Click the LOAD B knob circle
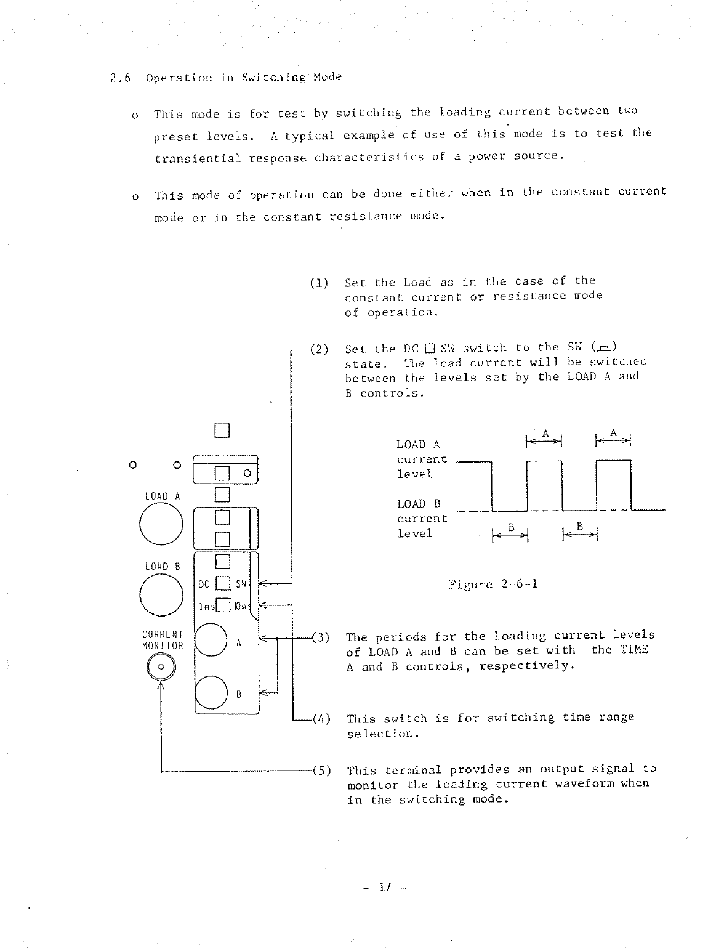pos(161,594)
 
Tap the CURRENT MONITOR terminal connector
pos(161,667)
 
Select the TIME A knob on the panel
pos(211,640)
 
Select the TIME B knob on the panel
pos(211,693)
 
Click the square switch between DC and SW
pos(223,583)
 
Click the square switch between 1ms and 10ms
pos(223,605)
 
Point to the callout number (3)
pos(320,637)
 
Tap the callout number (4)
pos(321,718)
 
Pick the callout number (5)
pos(321,770)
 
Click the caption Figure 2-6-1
pos(493,584)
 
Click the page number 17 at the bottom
pos(385,887)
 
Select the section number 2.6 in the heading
pos(119,78)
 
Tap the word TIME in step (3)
pos(634,650)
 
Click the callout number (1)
pos(318,283)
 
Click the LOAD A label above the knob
pos(162,496)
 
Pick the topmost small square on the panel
pos(222,430)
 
